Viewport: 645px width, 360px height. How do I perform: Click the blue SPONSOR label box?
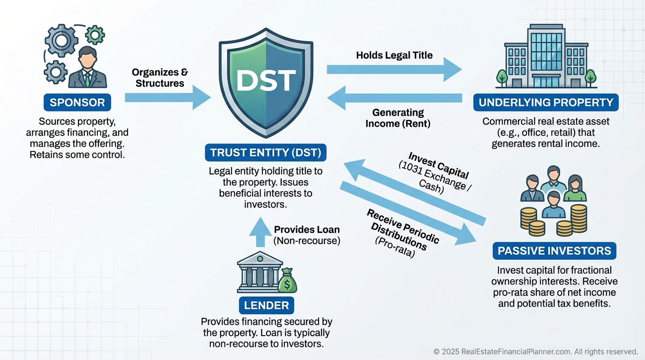[77, 102]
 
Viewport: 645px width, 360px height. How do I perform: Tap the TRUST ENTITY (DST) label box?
[266, 153]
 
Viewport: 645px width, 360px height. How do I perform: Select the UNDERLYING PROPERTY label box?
[546, 102]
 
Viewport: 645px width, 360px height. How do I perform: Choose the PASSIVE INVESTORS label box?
[554, 251]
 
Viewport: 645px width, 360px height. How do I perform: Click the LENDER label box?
[266, 306]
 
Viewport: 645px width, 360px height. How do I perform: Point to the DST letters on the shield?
[266, 80]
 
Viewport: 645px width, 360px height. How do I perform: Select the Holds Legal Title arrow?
[394, 69]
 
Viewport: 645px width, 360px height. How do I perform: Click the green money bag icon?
[287, 281]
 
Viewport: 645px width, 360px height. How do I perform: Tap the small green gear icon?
[96, 35]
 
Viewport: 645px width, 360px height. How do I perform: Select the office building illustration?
[546, 56]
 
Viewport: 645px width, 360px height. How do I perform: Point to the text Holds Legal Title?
[394, 55]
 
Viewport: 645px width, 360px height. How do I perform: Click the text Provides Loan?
[307, 230]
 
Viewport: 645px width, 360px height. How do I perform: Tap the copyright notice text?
[535, 352]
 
